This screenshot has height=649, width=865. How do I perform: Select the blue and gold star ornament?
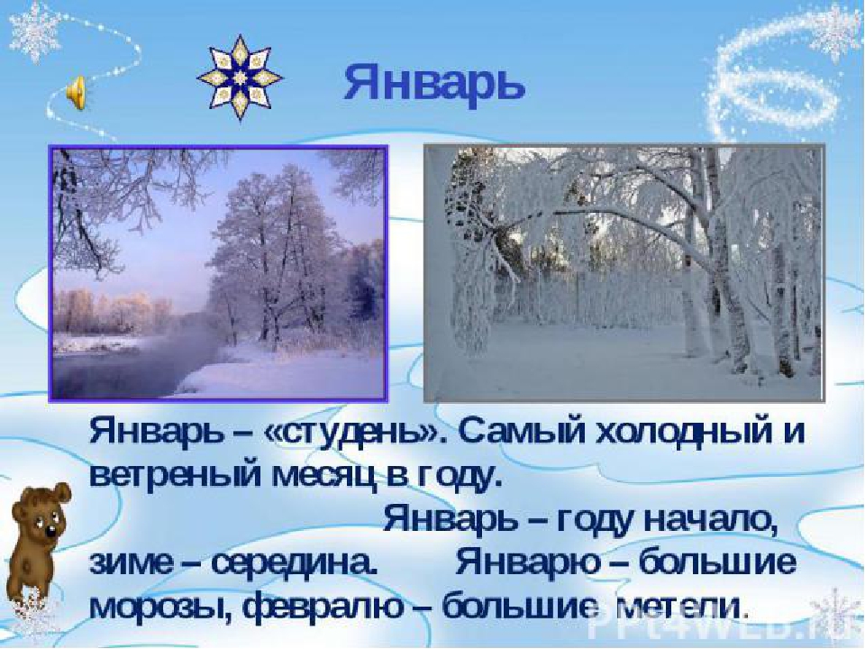(x=240, y=78)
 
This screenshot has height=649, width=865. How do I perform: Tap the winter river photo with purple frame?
(x=218, y=272)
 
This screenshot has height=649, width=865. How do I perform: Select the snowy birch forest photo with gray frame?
(x=624, y=272)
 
